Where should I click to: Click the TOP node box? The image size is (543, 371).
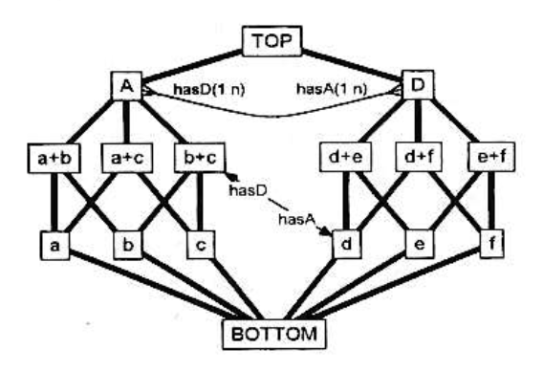tap(271, 41)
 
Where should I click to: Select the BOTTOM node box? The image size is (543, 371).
tap(274, 334)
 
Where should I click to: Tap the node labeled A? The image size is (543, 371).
tap(127, 85)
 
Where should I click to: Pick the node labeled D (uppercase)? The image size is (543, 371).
tap(418, 85)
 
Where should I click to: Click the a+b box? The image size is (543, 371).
tap(54, 159)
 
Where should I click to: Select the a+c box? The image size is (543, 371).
tap(127, 158)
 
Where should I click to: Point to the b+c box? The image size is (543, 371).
tap(200, 158)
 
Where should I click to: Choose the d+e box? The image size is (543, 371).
tap(346, 157)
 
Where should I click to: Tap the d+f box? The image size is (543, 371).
tap(419, 157)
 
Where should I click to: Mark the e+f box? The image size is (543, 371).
tap(491, 157)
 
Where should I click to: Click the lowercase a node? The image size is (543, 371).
tap(54, 245)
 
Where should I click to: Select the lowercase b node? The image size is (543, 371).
tap(128, 245)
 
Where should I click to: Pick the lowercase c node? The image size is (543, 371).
tap(201, 245)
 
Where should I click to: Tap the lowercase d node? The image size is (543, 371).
tap(346, 244)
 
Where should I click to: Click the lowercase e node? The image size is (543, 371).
tap(420, 244)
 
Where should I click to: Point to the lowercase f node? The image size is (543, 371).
tap(491, 244)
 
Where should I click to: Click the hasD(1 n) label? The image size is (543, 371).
tap(209, 89)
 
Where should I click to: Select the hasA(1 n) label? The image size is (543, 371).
tap(332, 89)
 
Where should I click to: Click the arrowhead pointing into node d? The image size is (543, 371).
tap(325, 231)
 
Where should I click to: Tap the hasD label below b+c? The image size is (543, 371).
tap(248, 190)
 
